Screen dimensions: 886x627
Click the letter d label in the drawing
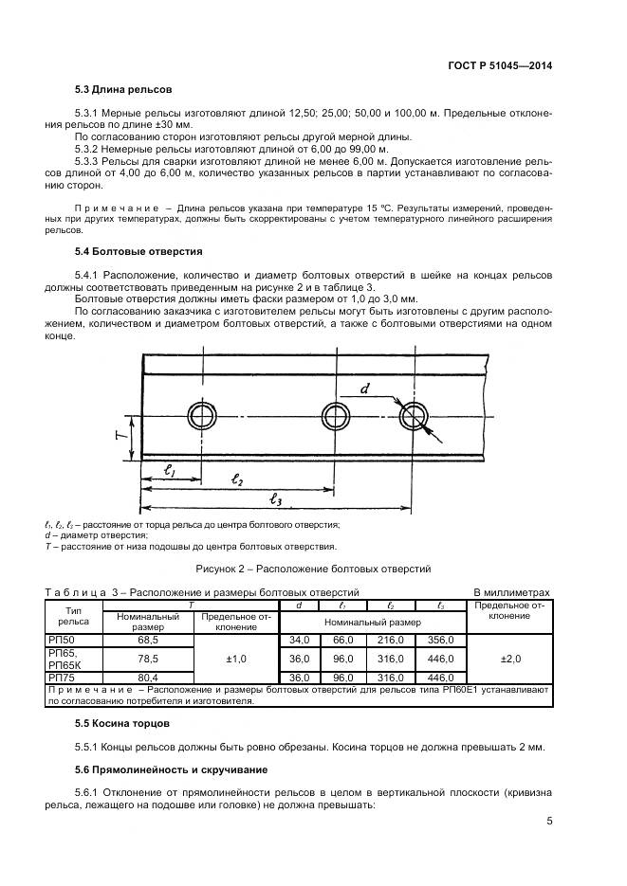click(364, 389)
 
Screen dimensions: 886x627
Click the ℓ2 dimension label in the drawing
click(238, 482)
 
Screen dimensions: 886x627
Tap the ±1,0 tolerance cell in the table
click(236, 659)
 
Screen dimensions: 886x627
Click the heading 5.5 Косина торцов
click(122, 723)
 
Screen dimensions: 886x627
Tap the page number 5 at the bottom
click(549, 822)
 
